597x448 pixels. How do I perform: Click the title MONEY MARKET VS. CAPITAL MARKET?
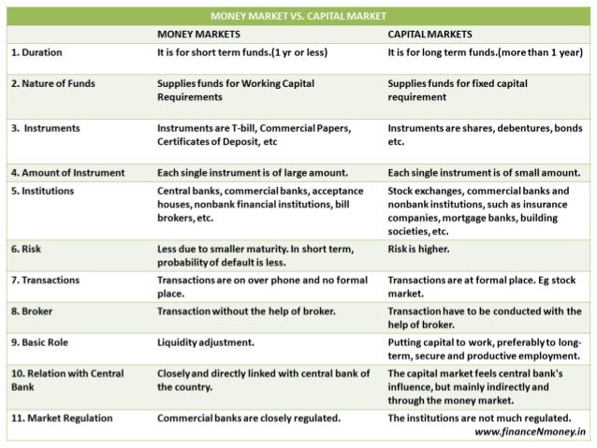(x=298, y=17)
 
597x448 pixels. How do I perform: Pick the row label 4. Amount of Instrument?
(x=68, y=173)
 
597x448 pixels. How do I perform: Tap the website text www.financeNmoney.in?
(x=528, y=432)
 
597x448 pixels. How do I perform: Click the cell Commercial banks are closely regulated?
(x=248, y=417)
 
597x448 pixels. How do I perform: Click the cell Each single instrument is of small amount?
(x=483, y=173)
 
